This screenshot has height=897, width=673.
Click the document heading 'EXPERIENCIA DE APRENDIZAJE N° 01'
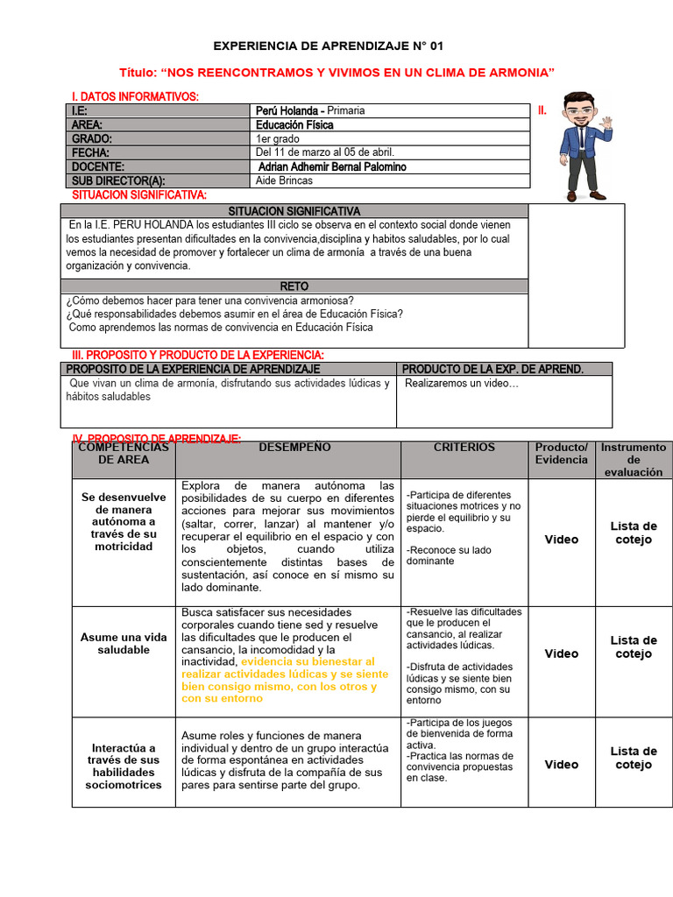click(x=336, y=46)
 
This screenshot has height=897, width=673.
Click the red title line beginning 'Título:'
click(x=336, y=72)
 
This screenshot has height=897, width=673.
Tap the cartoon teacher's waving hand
click(x=606, y=124)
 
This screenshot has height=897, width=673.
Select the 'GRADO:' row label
click(x=92, y=138)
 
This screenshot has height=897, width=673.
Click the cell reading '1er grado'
click(x=278, y=138)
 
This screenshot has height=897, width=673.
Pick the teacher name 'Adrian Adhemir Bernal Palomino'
click(x=333, y=166)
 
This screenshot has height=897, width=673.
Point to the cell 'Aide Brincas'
click(x=283, y=180)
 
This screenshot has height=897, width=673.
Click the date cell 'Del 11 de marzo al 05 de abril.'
click(x=324, y=152)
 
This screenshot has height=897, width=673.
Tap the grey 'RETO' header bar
click(x=294, y=286)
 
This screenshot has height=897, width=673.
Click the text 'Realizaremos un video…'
click(x=462, y=384)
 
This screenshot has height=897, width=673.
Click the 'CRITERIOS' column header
click(x=464, y=448)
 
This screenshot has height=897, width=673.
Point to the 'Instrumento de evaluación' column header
click(x=634, y=459)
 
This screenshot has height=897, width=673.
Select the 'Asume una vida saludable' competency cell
click(x=124, y=644)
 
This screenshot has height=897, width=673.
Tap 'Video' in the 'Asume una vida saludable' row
click(x=561, y=653)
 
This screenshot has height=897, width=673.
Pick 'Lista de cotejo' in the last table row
click(x=634, y=758)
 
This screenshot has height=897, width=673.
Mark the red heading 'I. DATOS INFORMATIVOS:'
click(x=135, y=95)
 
